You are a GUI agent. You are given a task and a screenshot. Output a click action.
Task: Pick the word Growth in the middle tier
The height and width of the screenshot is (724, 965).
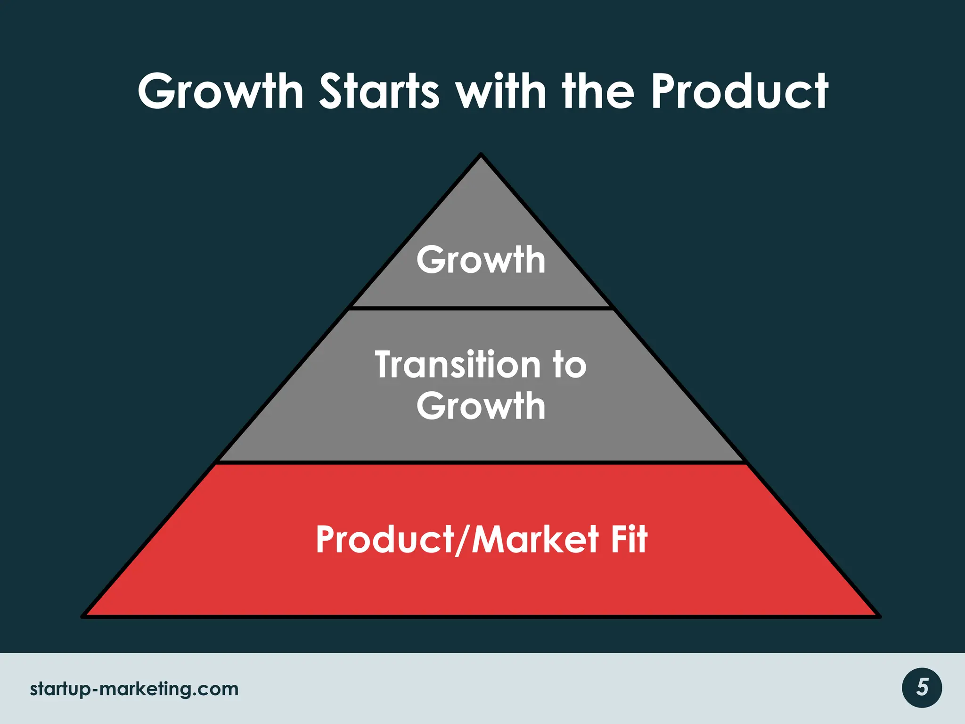click(x=481, y=406)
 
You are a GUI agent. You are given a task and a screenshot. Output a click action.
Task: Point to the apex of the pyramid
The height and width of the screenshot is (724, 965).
click(x=481, y=156)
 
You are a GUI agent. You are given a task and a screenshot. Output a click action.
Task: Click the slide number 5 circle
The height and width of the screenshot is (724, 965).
click(x=922, y=688)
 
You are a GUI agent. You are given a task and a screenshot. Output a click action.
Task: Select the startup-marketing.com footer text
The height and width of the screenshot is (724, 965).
click(x=134, y=689)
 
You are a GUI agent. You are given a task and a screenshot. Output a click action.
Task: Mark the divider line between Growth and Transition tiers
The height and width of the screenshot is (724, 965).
click(x=481, y=308)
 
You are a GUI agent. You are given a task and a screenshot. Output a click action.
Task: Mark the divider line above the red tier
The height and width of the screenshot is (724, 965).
click(x=481, y=462)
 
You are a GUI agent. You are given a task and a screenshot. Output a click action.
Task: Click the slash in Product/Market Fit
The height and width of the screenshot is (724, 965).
click(x=464, y=540)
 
